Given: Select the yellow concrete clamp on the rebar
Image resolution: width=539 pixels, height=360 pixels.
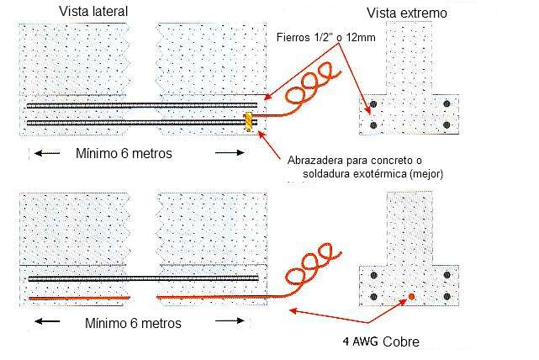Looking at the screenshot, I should [248, 122].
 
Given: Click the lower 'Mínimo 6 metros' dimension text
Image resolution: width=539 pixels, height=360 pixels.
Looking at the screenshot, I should [134, 322].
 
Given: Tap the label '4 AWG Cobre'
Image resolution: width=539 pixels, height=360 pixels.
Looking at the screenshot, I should [380, 341].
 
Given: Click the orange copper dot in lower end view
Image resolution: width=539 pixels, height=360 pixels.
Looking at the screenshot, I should [411, 296].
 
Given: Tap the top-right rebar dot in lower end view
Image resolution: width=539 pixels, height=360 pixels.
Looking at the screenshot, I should [446, 276].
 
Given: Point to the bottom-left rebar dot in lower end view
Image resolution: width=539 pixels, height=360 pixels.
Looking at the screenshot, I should [373, 296].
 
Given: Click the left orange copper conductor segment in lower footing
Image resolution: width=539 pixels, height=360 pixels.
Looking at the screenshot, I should [79, 299].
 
